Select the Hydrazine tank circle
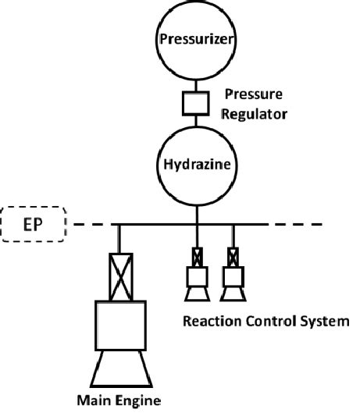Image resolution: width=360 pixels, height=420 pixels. (x=198, y=165)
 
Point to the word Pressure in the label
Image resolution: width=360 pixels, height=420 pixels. (x=254, y=95)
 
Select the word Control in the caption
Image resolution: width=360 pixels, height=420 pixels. (x=265, y=321)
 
